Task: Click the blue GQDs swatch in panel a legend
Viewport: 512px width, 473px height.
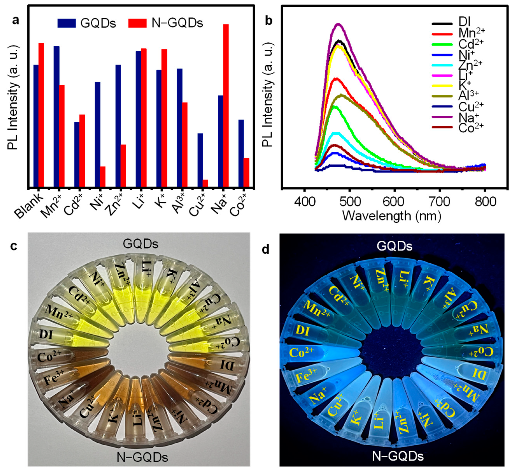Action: click(67, 23)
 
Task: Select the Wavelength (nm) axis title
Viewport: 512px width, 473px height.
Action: click(392, 216)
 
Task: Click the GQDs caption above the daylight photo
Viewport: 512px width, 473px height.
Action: click(141, 244)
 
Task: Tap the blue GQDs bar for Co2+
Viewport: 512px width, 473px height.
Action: click(241, 153)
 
